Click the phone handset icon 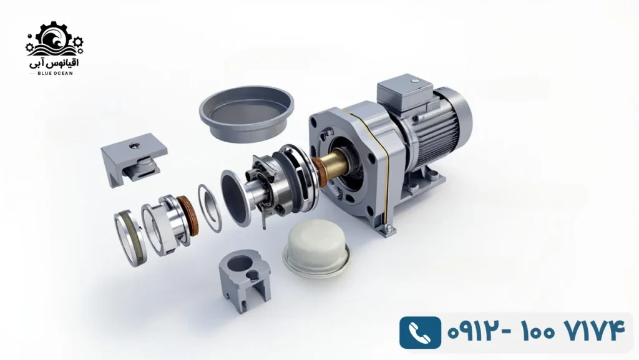point(420,333)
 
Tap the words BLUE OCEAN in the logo point(55,73)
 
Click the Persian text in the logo point(54,62)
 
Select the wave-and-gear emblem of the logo point(55,39)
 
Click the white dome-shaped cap point(316,248)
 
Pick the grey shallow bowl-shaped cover point(246,113)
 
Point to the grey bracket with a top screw point(134,159)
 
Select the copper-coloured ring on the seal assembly point(188,216)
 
